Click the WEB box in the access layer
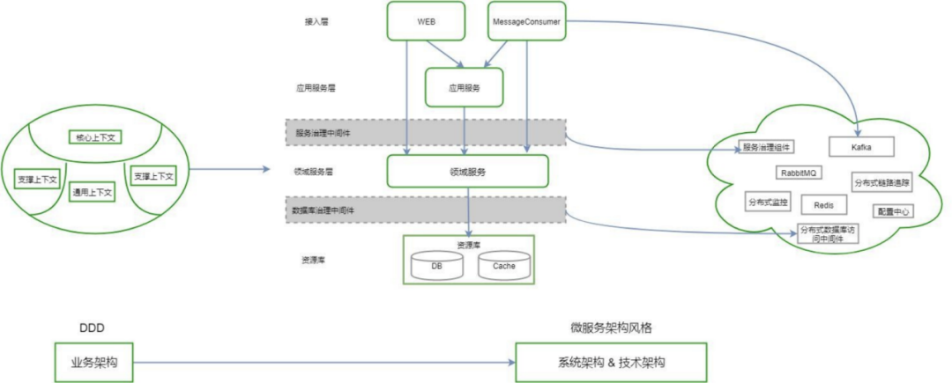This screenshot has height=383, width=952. pyautogui.click(x=427, y=21)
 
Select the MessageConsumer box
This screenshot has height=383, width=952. pyautogui.click(x=526, y=21)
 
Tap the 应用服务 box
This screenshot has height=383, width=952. pyautogui.click(x=464, y=87)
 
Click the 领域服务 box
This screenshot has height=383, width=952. pyautogui.click(x=468, y=172)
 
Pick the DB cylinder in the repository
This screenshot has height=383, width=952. pyautogui.click(x=436, y=265)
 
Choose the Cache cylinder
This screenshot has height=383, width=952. pyautogui.click(x=504, y=265)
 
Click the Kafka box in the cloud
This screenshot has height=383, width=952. pyautogui.click(x=861, y=147)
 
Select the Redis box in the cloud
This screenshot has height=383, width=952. pyautogui.click(x=823, y=204)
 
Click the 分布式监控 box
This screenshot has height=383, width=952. pyautogui.click(x=768, y=202)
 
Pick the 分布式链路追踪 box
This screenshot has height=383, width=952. pyautogui.click(x=882, y=183)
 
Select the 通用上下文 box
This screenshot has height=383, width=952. pyautogui.click(x=93, y=192)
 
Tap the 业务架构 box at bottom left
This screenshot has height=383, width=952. pyautogui.click(x=92, y=363)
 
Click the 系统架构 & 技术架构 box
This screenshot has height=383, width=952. pyautogui.click(x=611, y=363)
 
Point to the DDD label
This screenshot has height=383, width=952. pyautogui.click(x=92, y=328)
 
